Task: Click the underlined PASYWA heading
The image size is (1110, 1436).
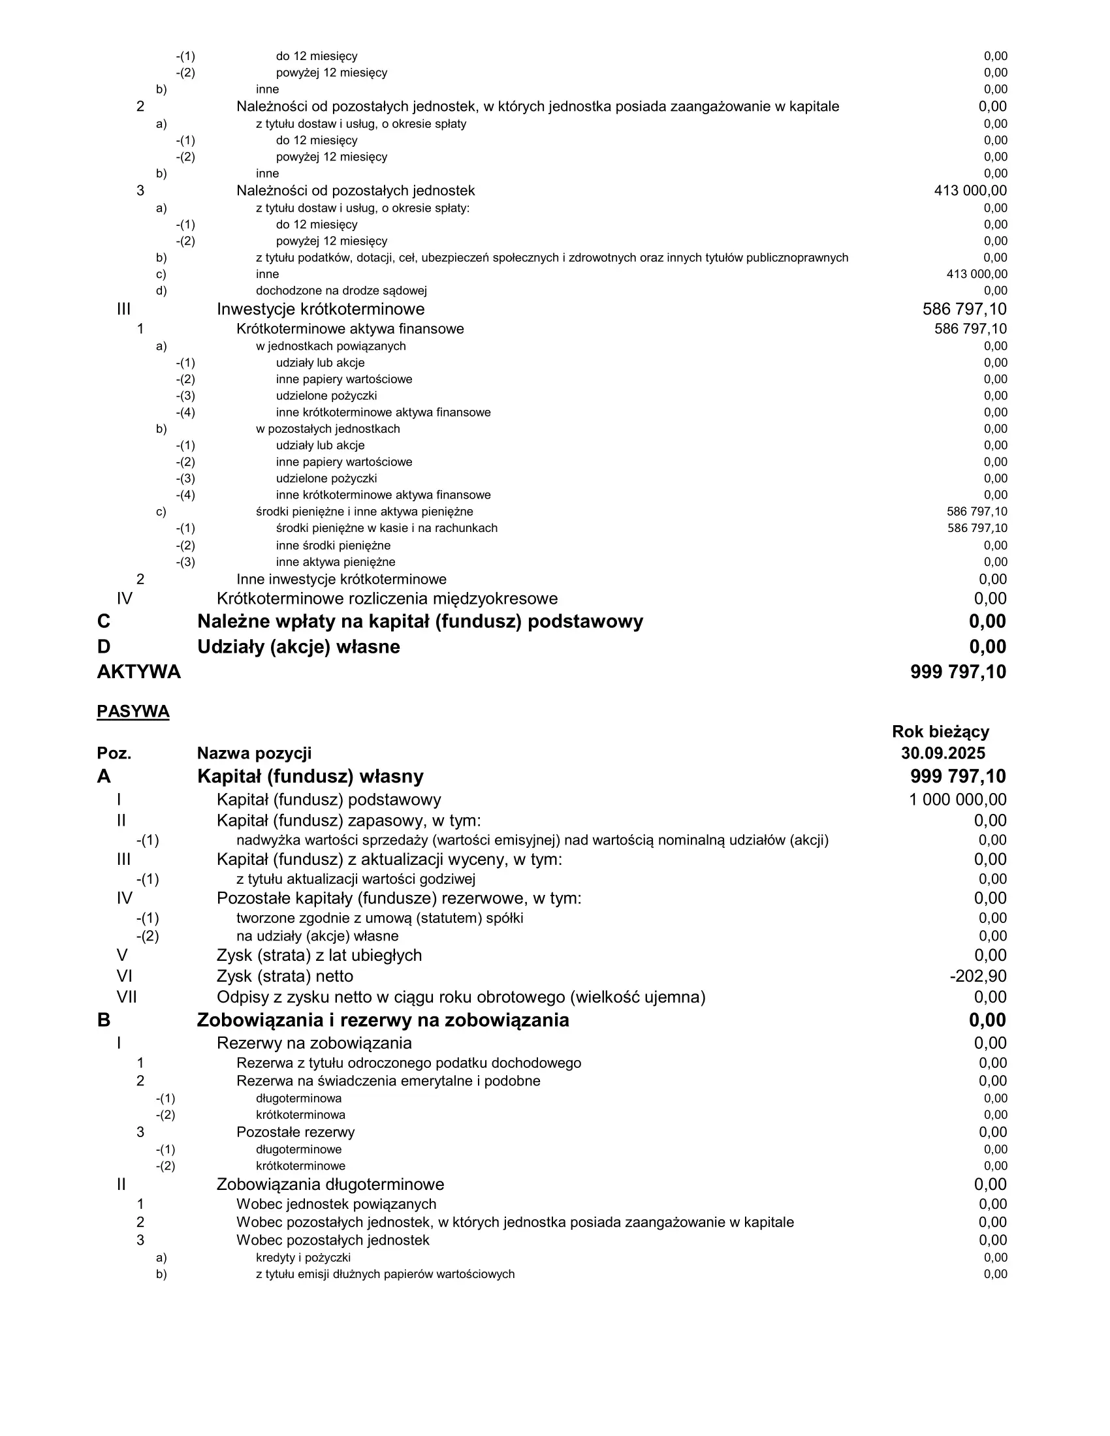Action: point(133,712)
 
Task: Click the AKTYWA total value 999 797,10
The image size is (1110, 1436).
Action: point(958,672)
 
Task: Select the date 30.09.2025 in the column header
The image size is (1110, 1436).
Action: point(943,753)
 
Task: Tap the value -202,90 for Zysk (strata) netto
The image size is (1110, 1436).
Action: point(978,976)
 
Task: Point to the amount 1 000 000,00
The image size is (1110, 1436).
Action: point(957,800)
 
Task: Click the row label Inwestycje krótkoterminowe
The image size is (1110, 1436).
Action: point(321,309)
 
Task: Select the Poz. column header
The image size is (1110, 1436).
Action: point(114,753)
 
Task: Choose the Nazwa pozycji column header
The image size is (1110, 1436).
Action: point(255,753)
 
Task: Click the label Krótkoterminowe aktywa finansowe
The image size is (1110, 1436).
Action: point(350,329)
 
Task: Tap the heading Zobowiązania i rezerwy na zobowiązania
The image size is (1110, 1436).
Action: point(383,1020)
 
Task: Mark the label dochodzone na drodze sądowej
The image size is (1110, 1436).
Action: point(341,290)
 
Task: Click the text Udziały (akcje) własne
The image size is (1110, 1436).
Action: point(298,647)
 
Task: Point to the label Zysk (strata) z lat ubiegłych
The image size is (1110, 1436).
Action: point(319,956)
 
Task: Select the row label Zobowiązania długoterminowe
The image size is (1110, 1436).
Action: point(330,1184)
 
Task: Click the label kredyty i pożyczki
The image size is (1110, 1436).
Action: point(303,1258)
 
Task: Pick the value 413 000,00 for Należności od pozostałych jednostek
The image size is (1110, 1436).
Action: point(970,191)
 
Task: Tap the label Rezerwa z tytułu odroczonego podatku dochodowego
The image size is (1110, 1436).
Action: point(408,1063)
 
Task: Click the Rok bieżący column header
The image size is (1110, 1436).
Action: point(940,732)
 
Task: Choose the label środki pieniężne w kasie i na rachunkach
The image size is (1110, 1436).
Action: point(387,528)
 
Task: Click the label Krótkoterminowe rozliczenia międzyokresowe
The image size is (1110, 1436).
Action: point(387,599)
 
